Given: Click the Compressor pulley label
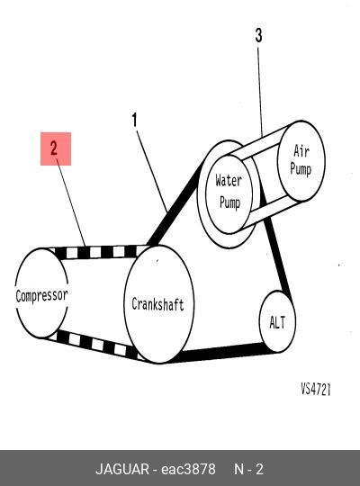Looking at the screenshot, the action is pyautogui.click(x=41, y=295).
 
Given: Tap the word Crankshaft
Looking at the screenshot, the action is pyautogui.click(x=157, y=304).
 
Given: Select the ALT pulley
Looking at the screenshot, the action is pyautogui.click(x=277, y=321).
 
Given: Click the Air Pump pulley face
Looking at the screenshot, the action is pyautogui.click(x=301, y=161).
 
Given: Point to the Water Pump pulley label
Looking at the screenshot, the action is pyautogui.click(x=229, y=192).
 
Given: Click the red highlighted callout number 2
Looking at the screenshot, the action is pyautogui.click(x=56, y=148).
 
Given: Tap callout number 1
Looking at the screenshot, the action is pyautogui.click(x=134, y=120).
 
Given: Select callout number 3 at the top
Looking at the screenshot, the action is pyautogui.click(x=258, y=35).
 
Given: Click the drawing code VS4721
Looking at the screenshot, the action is pyautogui.click(x=316, y=389).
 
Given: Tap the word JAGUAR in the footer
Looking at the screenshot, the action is pyautogui.click(x=122, y=469).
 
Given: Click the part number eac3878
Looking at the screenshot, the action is pyautogui.click(x=188, y=469).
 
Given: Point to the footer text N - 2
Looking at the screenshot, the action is pyautogui.click(x=248, y=469).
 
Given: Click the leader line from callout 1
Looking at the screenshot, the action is pyautogui.click(x=152, y=171).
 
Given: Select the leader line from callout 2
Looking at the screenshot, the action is pyautogui.click(x=71, y=203).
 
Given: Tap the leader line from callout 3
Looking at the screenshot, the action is pyautogui.click(x=260, y=91).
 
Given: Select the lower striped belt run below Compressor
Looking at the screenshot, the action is pyautogui.click(x=96, y=345).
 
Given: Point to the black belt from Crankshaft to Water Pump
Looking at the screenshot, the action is pyautogui.click(x=175, y=204).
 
